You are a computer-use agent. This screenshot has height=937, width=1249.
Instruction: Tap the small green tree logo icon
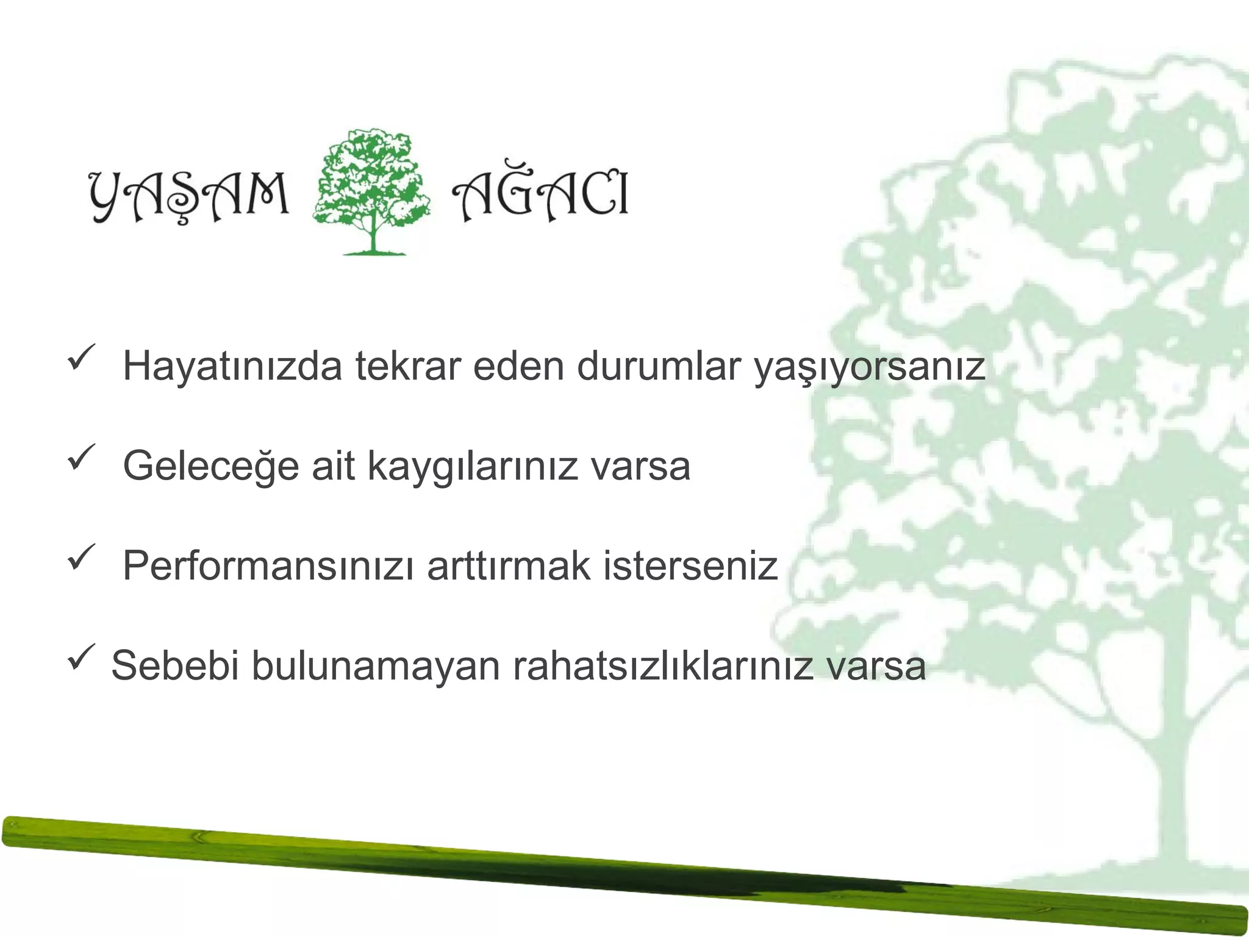coord(371,191)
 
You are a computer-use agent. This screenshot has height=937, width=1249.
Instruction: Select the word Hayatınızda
coord(232,366)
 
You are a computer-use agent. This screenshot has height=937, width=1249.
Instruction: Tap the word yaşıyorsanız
coord(870,367)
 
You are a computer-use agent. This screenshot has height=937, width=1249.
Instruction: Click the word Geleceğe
coord(210,466)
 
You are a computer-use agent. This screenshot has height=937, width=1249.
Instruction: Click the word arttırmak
coord(509,566)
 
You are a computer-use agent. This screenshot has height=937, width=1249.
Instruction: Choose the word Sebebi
coord(174,665)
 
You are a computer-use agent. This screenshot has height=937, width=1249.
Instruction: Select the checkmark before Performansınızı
coord(81,556)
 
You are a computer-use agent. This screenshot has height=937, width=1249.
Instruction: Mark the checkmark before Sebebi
coord(81,656)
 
